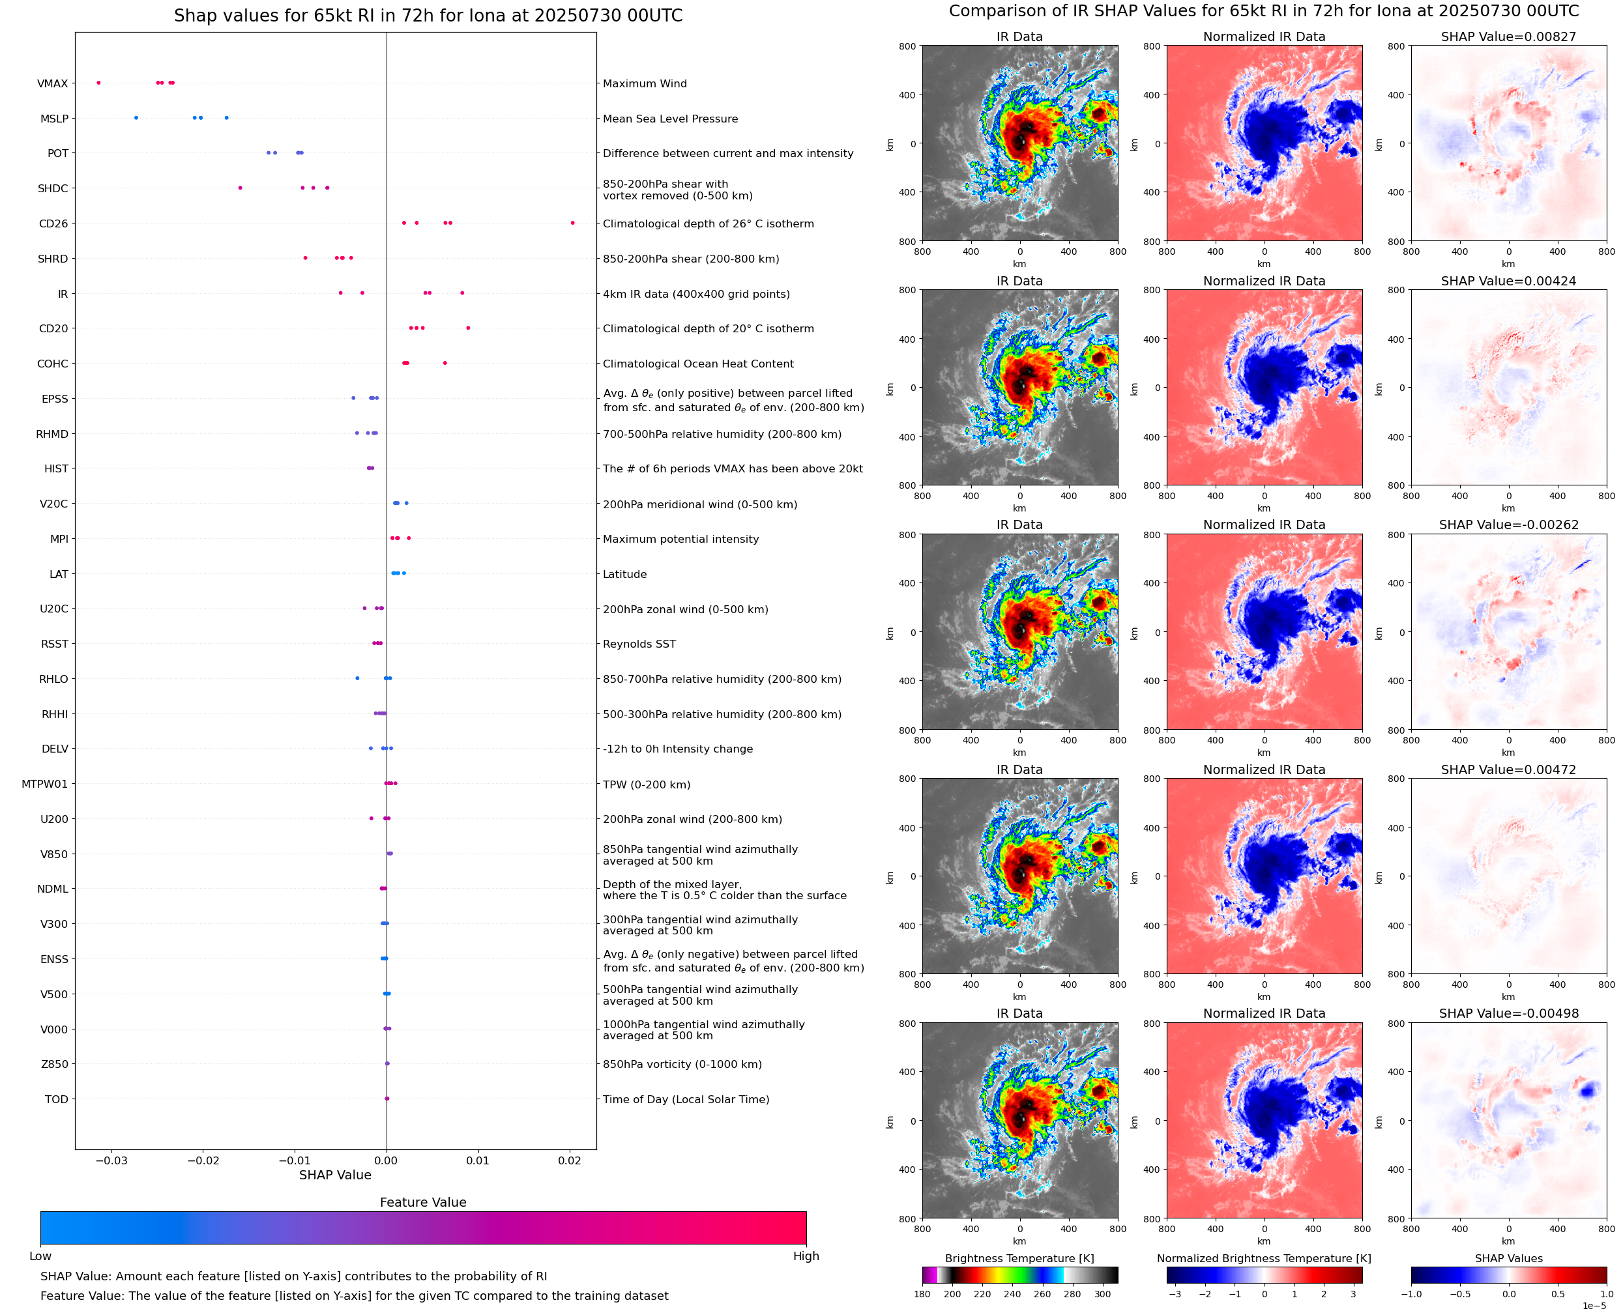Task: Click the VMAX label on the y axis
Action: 52,83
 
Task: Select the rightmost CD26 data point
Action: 572,223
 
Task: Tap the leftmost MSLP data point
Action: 136,118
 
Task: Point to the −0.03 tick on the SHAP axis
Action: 111,1160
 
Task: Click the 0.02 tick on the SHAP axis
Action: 570,1160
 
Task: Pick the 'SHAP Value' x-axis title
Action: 335,1175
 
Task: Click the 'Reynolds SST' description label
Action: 639,644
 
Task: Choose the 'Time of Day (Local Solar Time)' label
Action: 686,1099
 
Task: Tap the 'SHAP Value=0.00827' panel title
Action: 1508,36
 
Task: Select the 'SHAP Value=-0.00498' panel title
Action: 1508,1013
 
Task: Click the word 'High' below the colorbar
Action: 806,1256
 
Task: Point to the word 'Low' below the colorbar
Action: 40,1256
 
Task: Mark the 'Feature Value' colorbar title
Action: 423,1202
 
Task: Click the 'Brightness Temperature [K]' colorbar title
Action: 1019,1258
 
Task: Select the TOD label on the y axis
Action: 56,1099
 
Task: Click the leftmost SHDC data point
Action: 241,188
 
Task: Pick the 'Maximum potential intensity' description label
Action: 680,539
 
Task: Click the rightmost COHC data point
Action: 445,364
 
